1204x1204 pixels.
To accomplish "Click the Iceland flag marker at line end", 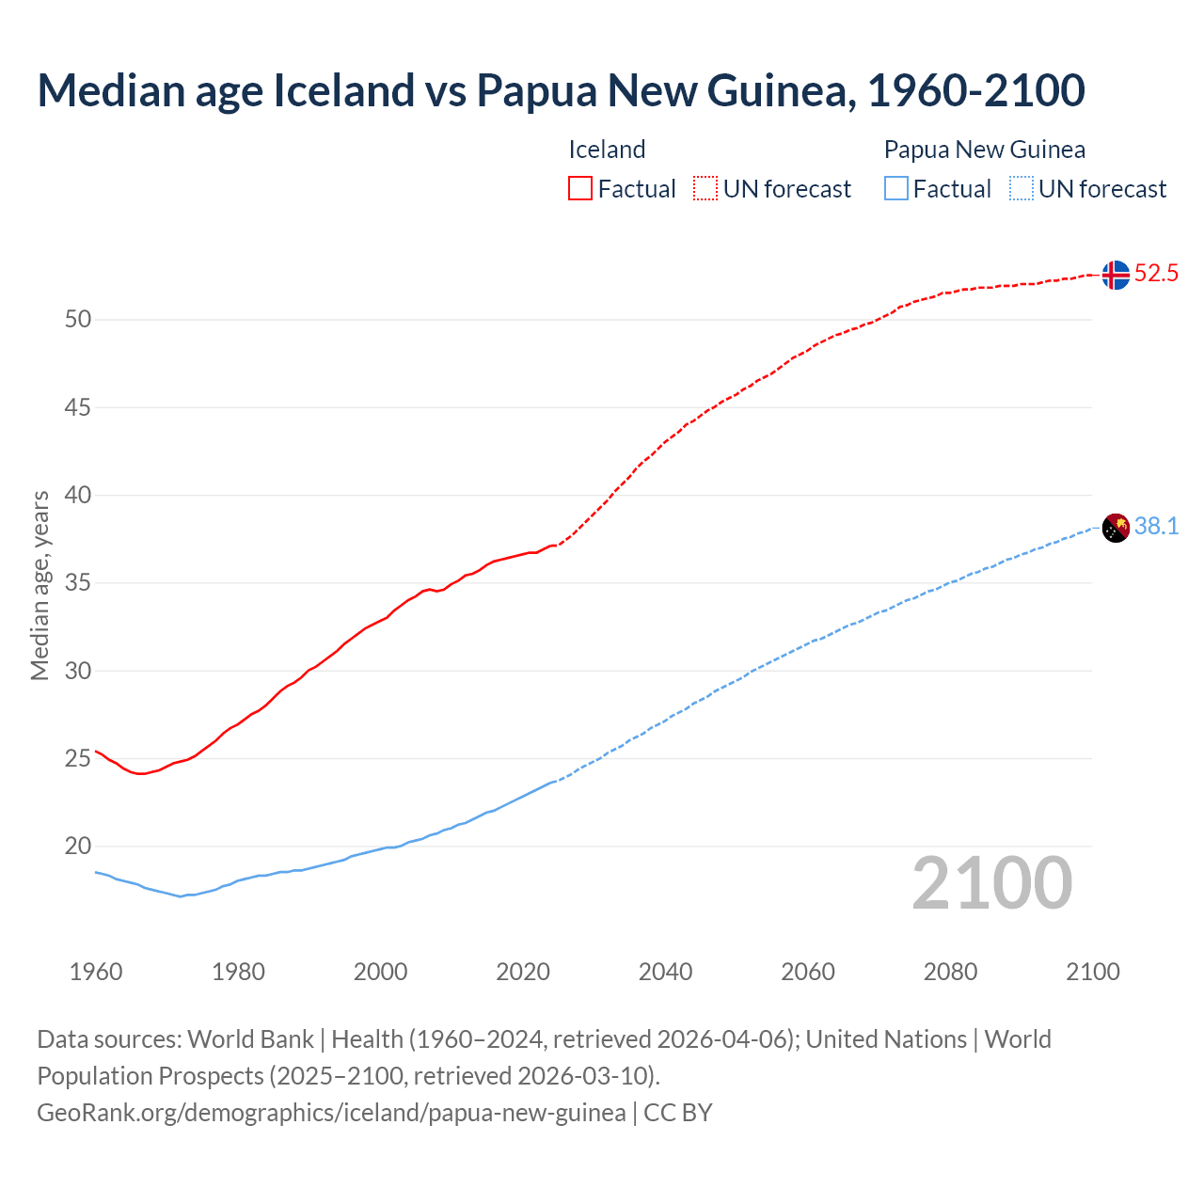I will (x=1116, y=275).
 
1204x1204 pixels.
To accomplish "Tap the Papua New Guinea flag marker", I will (x=1116, y=529).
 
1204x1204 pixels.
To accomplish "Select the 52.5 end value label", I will (x=1156, y=274).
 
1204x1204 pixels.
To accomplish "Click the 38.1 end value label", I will (x=1156, y=527).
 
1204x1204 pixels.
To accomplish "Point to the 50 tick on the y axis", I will (x=78, y=320).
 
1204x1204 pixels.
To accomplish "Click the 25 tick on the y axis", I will (x=78, y=759).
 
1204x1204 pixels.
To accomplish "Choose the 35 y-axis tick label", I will (x=78, y=583).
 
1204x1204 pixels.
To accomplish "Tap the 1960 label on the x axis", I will (x=96, y=972).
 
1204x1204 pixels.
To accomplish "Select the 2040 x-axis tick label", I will (x=665, y=972).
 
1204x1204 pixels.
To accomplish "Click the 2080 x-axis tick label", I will (x=950, y=972).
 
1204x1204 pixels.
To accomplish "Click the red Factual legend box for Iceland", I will (x=580, y=189).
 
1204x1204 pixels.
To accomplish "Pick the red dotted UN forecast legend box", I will (x=705, y=189).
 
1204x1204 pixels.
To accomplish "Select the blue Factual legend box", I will (x=896, y=189).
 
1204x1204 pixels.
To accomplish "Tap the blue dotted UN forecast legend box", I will (x=1022, y=189).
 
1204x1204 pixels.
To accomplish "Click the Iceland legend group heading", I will (x=607, y=150).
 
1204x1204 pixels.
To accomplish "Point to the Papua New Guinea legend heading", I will (x=984, y=150).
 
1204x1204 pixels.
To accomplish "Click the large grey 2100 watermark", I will (x=991, y=882).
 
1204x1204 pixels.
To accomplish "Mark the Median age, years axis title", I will (x=40, y=585).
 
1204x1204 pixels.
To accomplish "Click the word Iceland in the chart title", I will (x=343, y=90).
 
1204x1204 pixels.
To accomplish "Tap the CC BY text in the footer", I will (x=677, y=1113).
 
